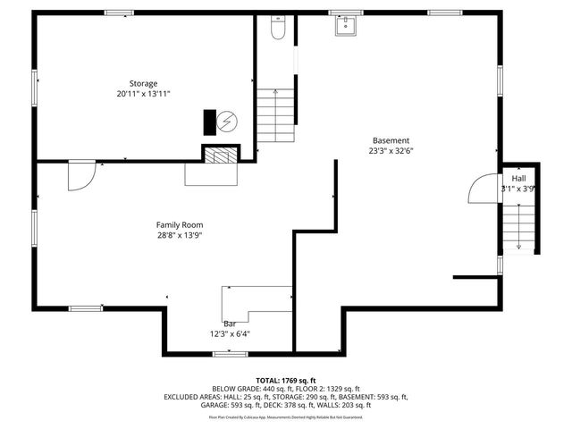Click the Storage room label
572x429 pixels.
[x=143, y=83]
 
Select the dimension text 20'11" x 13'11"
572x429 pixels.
[x=143, y=94]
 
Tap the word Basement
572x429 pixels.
[x=391, y=140]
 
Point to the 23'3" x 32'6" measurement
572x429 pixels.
[x=391, y=151]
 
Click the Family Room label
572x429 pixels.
[x=180, y=224]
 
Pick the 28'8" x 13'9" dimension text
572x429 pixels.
[x=180, y=235]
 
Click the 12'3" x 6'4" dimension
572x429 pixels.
[x=230, y=334]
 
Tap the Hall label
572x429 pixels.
[x=518, y=178]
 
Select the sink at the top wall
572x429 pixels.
[x=345, y=25]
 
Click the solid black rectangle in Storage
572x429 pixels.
[x=210, y=121]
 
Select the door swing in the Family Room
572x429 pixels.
[x=80, y=174]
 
